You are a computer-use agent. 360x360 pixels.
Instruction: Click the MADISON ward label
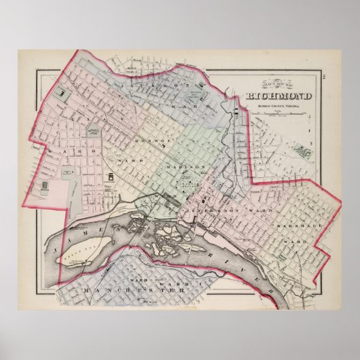[x=192, y=166]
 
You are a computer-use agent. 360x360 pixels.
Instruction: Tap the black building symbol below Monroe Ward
[x=109, y=177]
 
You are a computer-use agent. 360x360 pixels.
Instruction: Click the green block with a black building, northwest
[x=62, y=90]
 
